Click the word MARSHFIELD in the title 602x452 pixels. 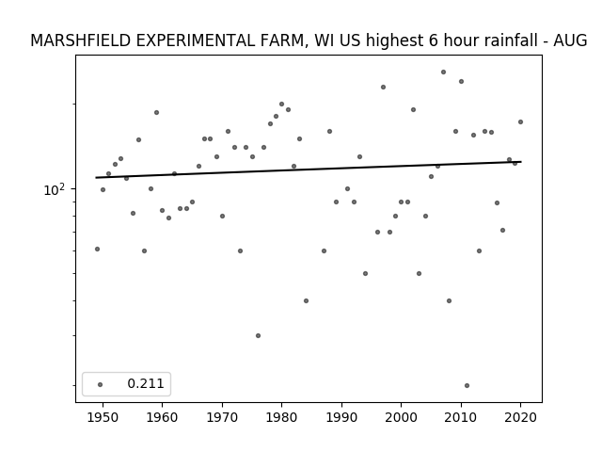80,40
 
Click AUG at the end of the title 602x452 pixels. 570,40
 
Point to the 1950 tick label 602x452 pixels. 103,417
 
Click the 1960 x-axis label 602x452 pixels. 162,417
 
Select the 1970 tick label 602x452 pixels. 222,417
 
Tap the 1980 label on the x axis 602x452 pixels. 281,417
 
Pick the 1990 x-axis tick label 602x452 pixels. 341,417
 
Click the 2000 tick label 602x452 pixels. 402,417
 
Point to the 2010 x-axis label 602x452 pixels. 461,417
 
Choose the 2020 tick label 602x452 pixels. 520,417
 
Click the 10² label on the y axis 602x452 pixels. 55,189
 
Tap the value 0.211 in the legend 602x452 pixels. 146,383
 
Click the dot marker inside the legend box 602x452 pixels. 101,384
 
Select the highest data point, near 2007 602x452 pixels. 443,72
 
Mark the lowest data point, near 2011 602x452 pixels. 467,385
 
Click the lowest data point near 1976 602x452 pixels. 258,335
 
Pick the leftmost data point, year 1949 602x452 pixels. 97,249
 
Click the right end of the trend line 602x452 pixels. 521,162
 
